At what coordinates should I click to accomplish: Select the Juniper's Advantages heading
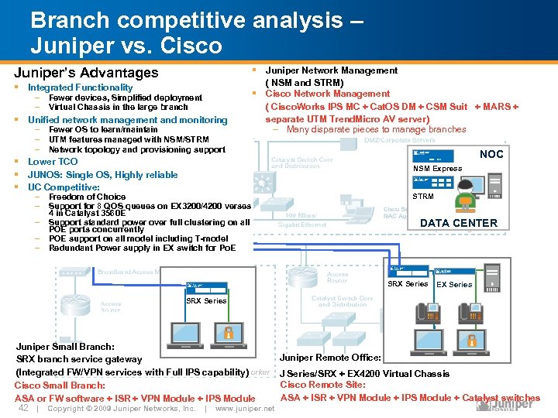click(x=86, y=73)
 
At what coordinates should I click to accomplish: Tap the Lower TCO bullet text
click(x=53, y=162)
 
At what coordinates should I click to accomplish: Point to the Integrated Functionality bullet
click(x=81, y=87)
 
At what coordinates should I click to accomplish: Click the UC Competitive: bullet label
click(x=64, y=187)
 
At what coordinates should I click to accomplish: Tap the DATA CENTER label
click(x=458, y=223)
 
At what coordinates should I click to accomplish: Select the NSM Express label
click(x=437, y=168)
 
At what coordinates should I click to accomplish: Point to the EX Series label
click(x=454, y=284)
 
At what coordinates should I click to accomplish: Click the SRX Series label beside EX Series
click(x=408, y=284)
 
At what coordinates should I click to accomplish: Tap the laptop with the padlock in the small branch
click(x=228, y=331)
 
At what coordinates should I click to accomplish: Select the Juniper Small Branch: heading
click(x=65, y=347)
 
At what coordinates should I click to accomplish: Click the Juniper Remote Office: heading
click(x=330, y=358)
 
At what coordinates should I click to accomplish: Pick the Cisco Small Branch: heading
click(x=60, y=385)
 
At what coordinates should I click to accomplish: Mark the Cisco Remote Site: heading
click(x=322, y=385)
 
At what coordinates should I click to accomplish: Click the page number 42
click(x=23, y=408)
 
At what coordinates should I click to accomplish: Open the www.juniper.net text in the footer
click(x=245, y=409)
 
